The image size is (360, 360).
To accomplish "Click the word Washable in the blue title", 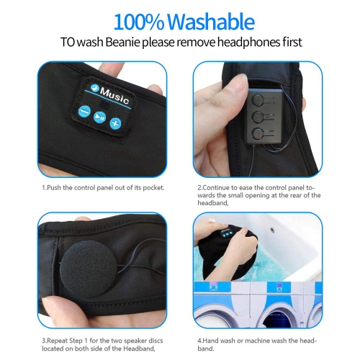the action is (211, 22).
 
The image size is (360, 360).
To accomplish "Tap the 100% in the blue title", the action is (139, 22).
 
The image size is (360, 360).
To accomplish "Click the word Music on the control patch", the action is (114, 96).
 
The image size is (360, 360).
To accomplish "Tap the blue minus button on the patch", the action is (84, 112).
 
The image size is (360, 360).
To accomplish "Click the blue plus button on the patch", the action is (115, 124).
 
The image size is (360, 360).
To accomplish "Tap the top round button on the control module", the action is (258, 99).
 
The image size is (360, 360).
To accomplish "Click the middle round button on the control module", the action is (258, 117).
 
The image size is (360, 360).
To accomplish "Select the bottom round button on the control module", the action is (258, 133).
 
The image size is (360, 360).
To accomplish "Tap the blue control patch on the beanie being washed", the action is (227, 233).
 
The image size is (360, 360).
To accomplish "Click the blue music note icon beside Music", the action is (95, 88).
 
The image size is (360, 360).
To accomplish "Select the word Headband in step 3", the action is (138, 348).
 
